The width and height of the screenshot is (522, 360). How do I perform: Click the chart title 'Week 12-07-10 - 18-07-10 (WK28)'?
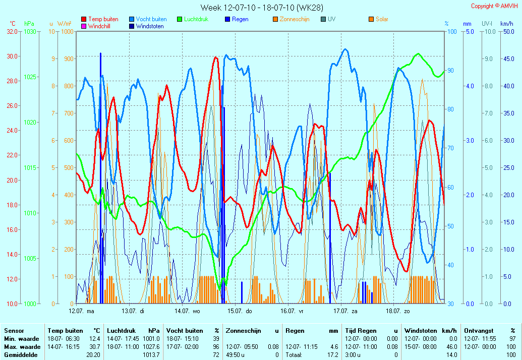pyautogui.click(x=262, y=8)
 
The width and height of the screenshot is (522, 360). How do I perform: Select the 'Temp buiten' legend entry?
pyautogui.click(x=99, y=19)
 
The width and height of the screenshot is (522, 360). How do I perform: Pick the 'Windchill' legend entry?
pyautogui.click(x=96, y=26)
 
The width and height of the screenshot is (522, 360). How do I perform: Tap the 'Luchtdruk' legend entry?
pyautogui.click(x=193, y=19)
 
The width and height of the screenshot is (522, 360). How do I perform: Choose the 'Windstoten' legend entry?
pyautogui.click(x=146, y=26)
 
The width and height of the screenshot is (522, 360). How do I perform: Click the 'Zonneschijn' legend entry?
pyautogui.click(x=291, y=19)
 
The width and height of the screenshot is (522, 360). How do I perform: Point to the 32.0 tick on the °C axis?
pyautogui.click(x=12, y=32)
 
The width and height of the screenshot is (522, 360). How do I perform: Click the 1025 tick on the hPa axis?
pyautogui.click(x=30, y=77)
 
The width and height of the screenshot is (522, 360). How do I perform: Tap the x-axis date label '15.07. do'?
pyautogui.click(x=240, y=311)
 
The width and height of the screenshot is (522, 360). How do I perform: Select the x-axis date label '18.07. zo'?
pyautogui.click(x=398, y=311)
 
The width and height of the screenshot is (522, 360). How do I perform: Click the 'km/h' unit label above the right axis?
pyautogui.click(x=507, y=24)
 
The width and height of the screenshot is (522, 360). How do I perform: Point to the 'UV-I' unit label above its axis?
pyautogui.click(x=487, y=24)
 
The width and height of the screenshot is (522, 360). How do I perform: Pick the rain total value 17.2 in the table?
pyautogui.click(x=332, y=355)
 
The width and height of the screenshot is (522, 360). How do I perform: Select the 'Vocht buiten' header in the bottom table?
pyautogui.click(x=185, y=331)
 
